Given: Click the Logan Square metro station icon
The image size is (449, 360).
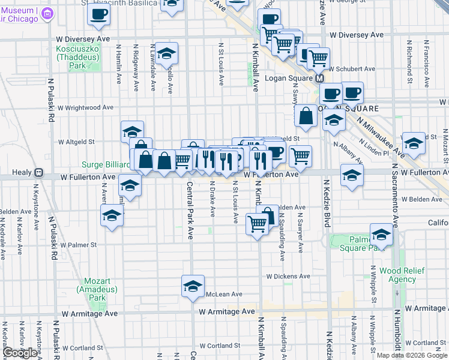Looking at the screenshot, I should click(320, 78).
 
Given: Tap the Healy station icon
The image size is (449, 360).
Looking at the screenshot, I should click(38, 172).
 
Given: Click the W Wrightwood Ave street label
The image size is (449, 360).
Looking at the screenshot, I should click(85, 108).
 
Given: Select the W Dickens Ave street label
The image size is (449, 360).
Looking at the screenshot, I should click(288, 277).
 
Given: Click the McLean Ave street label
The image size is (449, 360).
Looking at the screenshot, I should click(223, 294).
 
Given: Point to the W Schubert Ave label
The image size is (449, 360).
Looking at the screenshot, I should click(349, 69).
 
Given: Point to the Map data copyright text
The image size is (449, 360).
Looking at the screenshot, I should click(411, 355).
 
